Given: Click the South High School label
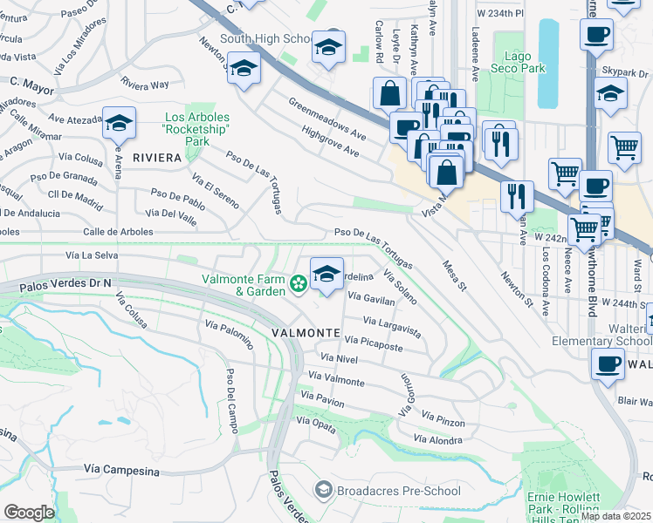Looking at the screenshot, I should [x=266, y=38].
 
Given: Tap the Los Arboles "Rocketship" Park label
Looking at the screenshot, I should [x=200, y=129].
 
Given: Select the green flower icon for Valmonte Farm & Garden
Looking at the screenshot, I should [x=299, y=282].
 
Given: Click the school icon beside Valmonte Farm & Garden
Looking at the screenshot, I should [x=326, y=275].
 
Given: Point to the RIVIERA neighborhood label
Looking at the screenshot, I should [x=157, y=158].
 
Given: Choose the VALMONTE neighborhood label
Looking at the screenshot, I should [x=305, y=333].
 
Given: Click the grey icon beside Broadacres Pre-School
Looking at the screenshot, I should [x=325, y=491].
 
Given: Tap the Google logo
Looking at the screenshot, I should [x=29, y=513].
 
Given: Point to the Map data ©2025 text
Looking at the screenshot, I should [x=615, y=516].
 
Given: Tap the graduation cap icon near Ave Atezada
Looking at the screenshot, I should [x=119, y=124].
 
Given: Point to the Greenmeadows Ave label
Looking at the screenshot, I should [x=327, y=118].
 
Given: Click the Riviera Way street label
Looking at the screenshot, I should [x=145, y=85].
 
